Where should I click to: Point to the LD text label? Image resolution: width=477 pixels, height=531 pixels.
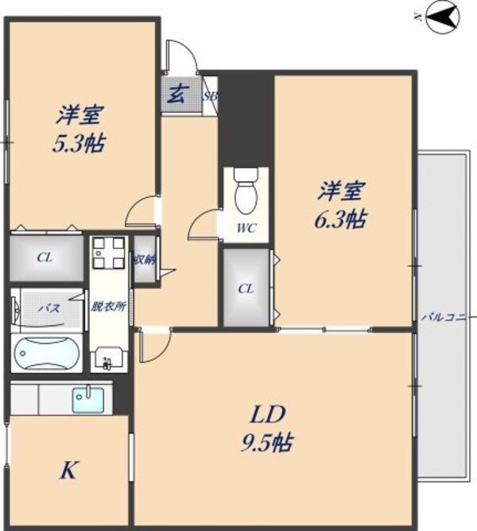(269, 414)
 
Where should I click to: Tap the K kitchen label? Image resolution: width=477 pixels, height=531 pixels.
(68, 471)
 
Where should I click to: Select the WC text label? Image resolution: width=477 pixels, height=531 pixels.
(246, 228)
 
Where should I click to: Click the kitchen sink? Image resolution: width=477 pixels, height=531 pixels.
(88, 399)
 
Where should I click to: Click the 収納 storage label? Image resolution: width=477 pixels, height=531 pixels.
(145, 259)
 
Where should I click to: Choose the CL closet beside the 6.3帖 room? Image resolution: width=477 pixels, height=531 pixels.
(246, 288)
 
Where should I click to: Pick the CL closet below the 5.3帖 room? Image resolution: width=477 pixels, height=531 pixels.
(45, 257)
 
